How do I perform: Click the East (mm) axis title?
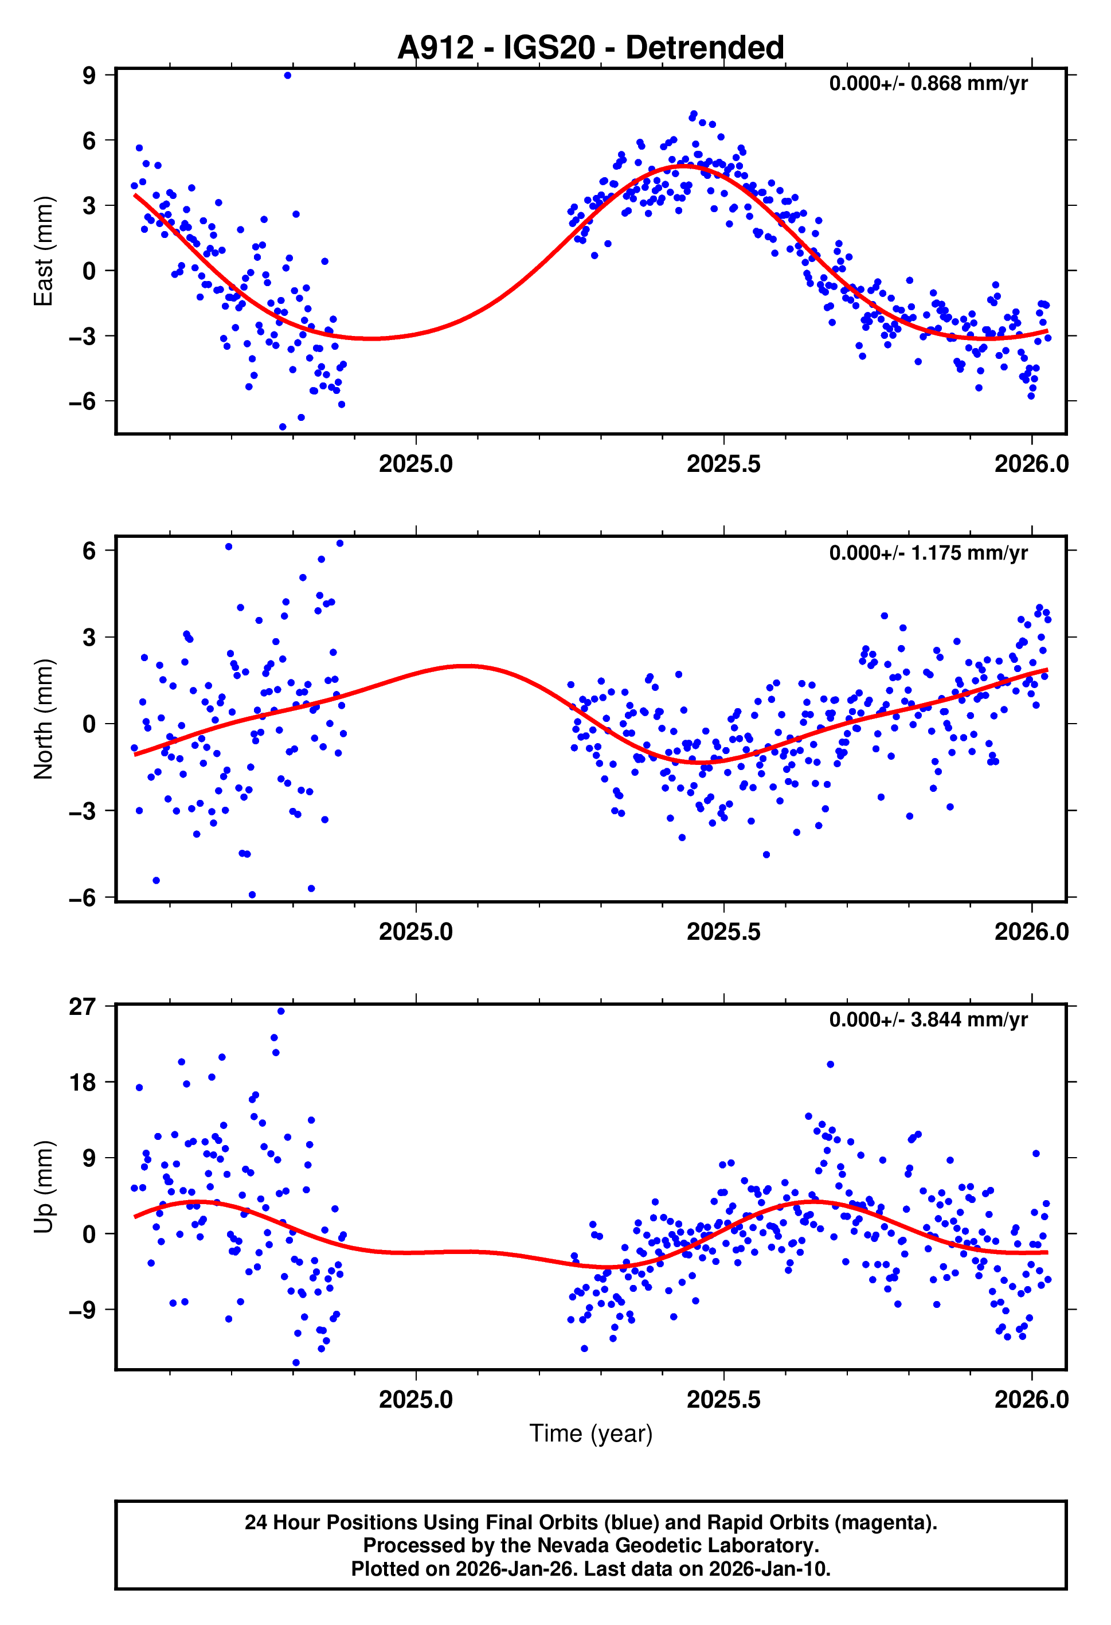coord(44,251)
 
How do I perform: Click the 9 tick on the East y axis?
coord(89,76)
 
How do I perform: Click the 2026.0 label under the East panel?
coord(1031,463)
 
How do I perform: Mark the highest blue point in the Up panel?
coord(281,1011)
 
